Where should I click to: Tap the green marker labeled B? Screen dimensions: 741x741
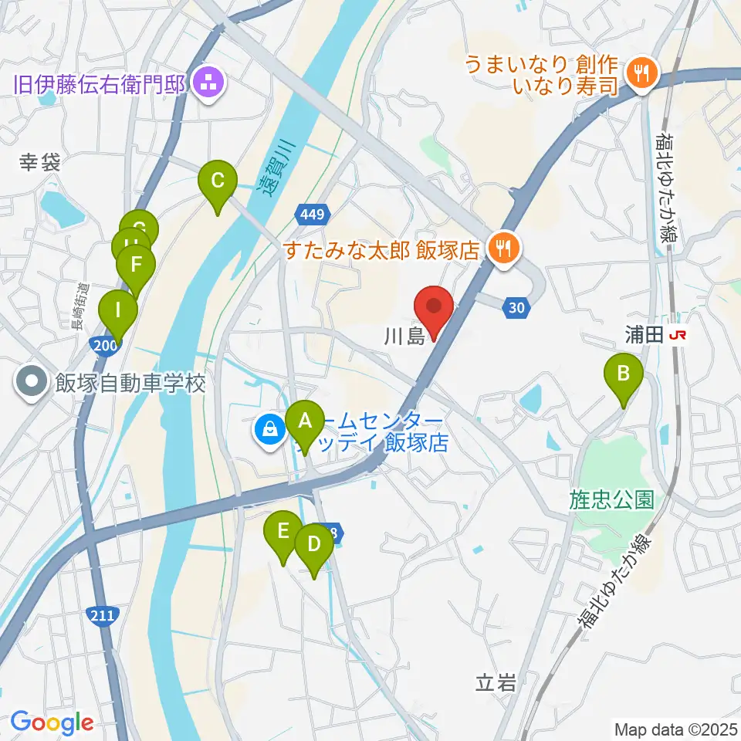pos(624,376)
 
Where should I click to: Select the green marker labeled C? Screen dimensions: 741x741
pos(217,183)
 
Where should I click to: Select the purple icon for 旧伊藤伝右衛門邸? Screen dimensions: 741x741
pos(207,82)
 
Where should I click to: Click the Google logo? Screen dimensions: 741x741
pos(52,722)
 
